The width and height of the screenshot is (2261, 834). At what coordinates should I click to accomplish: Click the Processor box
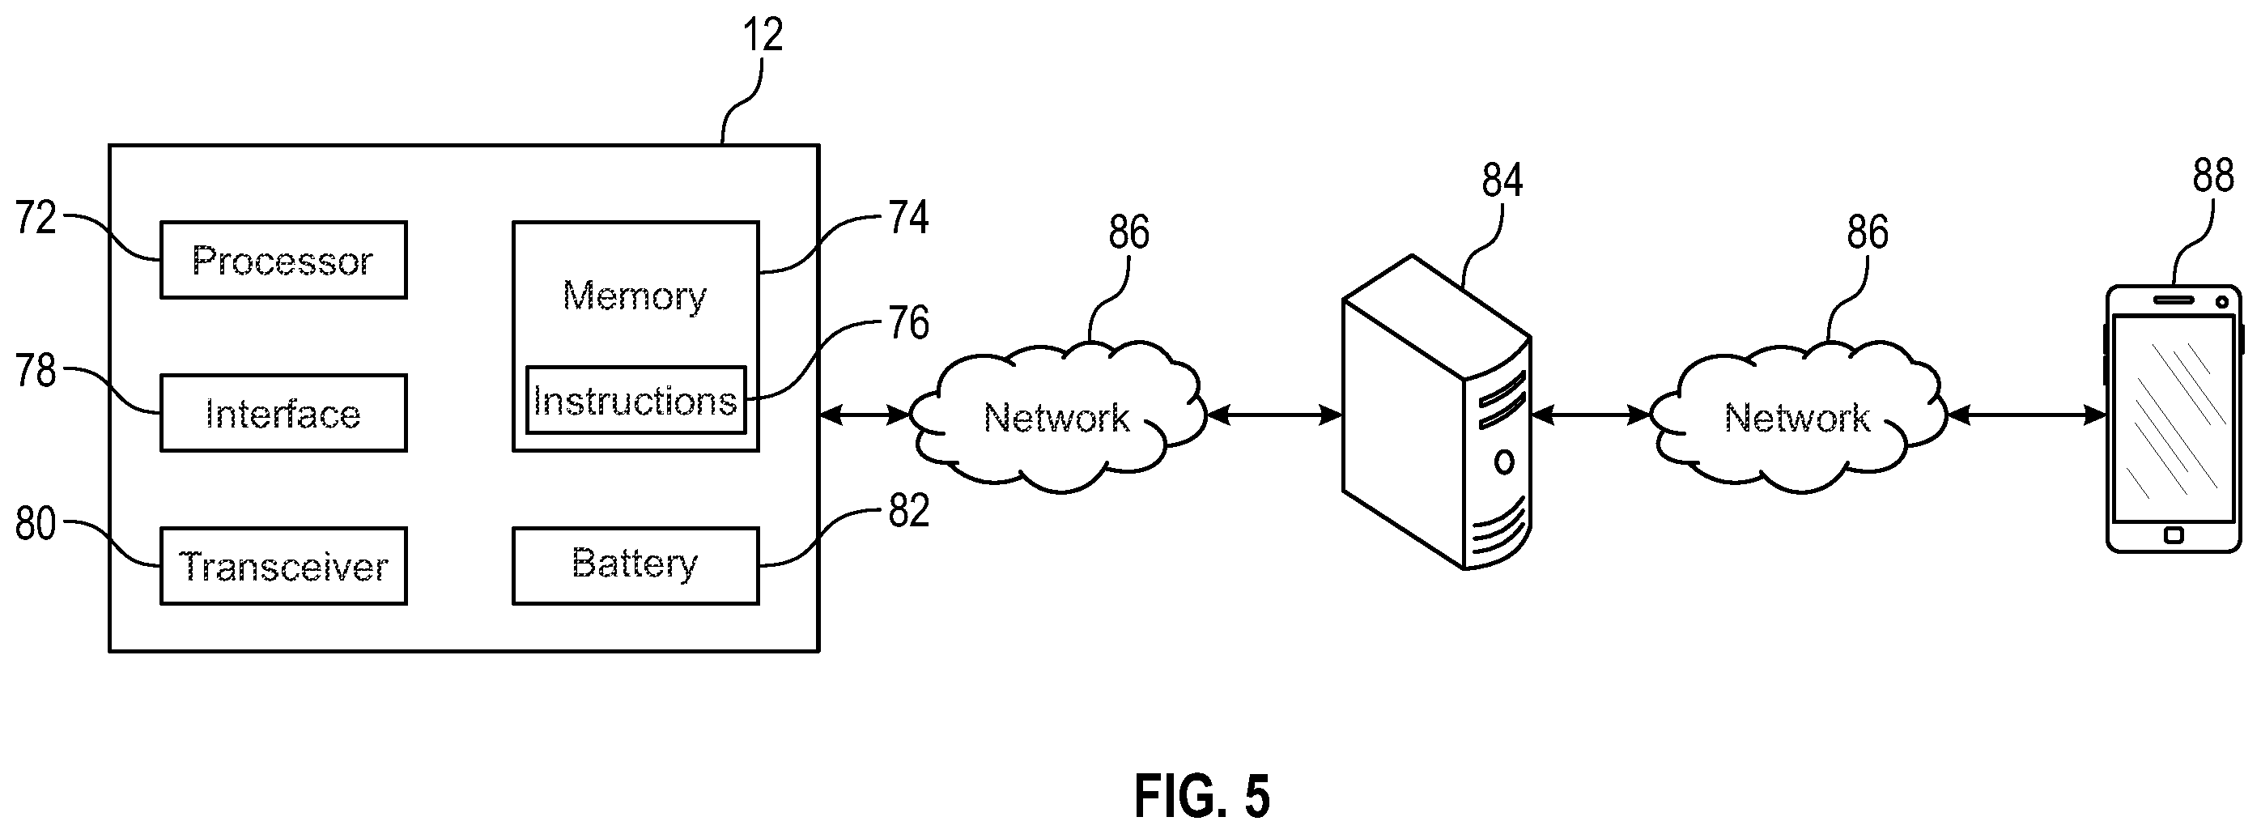(x=283, y=260)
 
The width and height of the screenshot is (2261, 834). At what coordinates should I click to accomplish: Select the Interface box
(x=283, y=413)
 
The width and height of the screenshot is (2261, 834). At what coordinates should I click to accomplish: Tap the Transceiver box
(x=283, y=566)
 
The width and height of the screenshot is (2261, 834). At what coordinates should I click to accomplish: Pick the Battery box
(x=635, y=566)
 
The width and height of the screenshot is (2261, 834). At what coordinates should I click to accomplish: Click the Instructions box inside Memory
(x=635, y=400)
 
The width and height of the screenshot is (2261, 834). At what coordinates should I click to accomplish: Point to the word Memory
(x=635, y=296)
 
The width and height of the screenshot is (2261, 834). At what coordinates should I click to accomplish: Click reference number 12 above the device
(x=762, y=36)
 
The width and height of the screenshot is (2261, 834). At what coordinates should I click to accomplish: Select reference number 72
(x=36, y=218)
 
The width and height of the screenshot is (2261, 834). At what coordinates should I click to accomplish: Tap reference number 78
(x=36, y=371)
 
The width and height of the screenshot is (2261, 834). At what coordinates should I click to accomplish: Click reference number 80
(x=36, y=524)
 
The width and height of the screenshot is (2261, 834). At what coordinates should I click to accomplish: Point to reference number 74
(x=908, y=218)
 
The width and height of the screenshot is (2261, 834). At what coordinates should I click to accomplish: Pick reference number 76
(x=908, y=323)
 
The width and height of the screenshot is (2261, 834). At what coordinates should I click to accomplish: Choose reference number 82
(x=908, y=511)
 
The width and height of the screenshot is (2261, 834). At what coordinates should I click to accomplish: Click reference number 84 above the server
(x=1502, y=181)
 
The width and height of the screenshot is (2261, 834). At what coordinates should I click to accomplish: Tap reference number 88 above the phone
(x=2212, y=176)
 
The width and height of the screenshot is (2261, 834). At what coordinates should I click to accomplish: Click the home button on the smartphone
(x=2174, y=534)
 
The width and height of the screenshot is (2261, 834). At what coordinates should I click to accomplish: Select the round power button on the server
(x=1503, y=462)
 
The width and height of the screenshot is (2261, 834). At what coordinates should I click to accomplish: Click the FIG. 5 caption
(x=1201, y=796)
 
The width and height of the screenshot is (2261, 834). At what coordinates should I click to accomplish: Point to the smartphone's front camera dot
(x=2221, y=302)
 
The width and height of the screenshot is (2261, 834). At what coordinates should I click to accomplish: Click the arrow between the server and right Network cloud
(x=1592, y=415)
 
